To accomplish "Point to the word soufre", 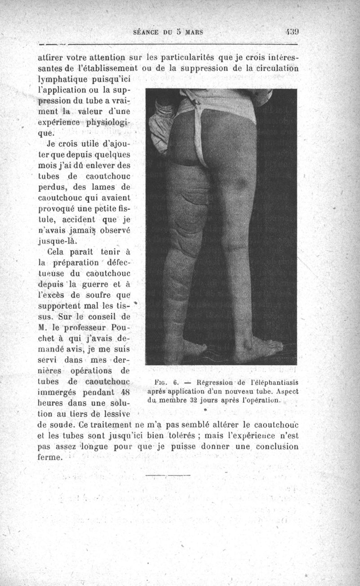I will point(97,295).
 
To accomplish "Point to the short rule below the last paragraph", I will point(168,474).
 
